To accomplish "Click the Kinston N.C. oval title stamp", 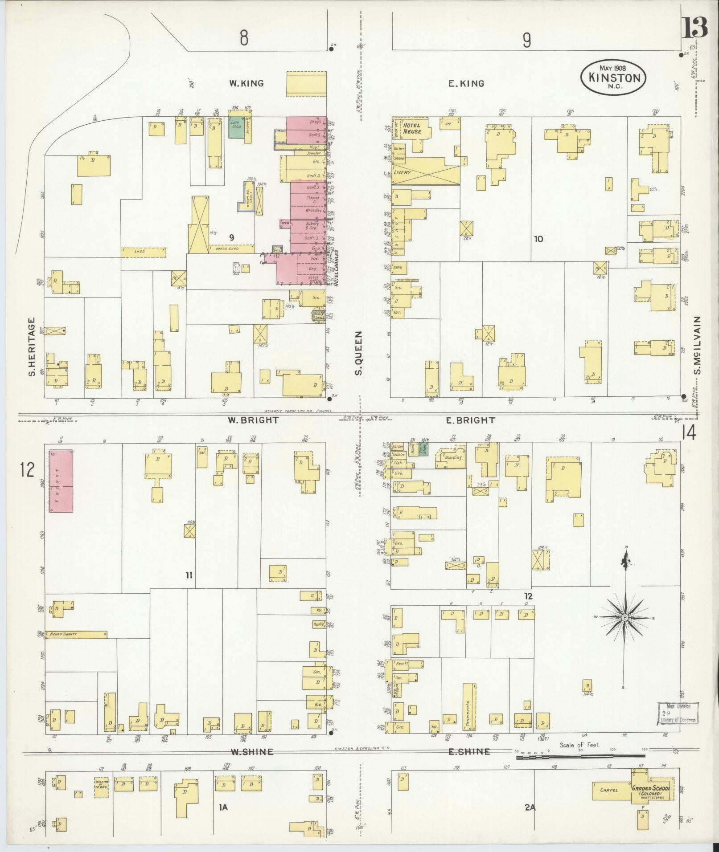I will click(613, 77).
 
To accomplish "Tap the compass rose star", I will click(625, 618).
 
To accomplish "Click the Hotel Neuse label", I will click(412, 128).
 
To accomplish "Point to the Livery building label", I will click(402, 172).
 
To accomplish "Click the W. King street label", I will click(246, 83).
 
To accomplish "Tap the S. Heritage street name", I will click(32, 347).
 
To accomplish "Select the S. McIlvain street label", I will click(698, 346).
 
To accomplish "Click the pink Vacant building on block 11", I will click(61, 481).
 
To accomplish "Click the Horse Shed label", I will click(228, 248).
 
